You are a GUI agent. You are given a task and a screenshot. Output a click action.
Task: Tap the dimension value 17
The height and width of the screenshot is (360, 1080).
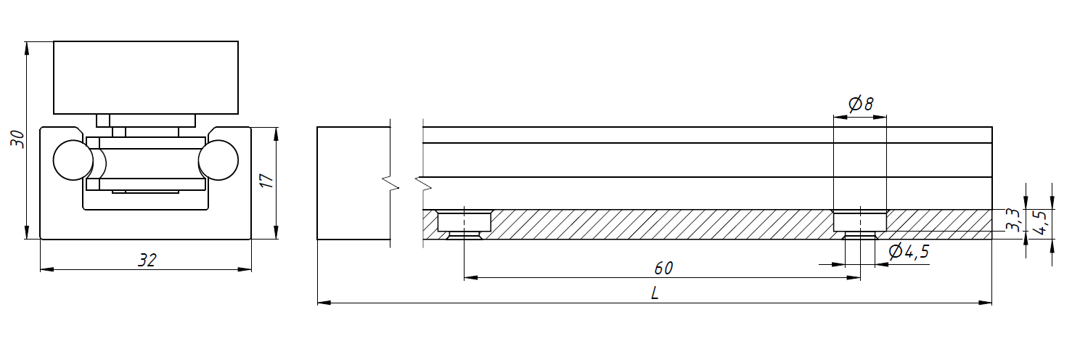pos(267,181)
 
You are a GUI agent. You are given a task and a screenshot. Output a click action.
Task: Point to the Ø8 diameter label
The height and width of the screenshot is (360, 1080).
pos(860,104)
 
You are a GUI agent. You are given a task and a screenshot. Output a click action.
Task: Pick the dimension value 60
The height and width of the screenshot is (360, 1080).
pos(663,268)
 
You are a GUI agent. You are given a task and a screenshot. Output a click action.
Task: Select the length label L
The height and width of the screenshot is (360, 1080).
pos(654,293)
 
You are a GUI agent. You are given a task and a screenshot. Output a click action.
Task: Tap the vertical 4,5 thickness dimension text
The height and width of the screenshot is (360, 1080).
pos(1043,224)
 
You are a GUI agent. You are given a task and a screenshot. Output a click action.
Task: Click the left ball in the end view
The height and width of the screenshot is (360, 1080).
pos(73,160)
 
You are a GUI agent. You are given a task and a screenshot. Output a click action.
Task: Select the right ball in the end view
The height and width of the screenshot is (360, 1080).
pos(218,160)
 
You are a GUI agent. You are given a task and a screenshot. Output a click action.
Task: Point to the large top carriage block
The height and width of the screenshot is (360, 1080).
pos(146,78)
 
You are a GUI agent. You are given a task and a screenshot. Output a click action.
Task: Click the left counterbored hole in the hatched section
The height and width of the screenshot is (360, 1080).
pos(464,224)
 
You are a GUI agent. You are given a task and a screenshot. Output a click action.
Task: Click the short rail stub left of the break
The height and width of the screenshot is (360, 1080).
pos(353,183)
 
